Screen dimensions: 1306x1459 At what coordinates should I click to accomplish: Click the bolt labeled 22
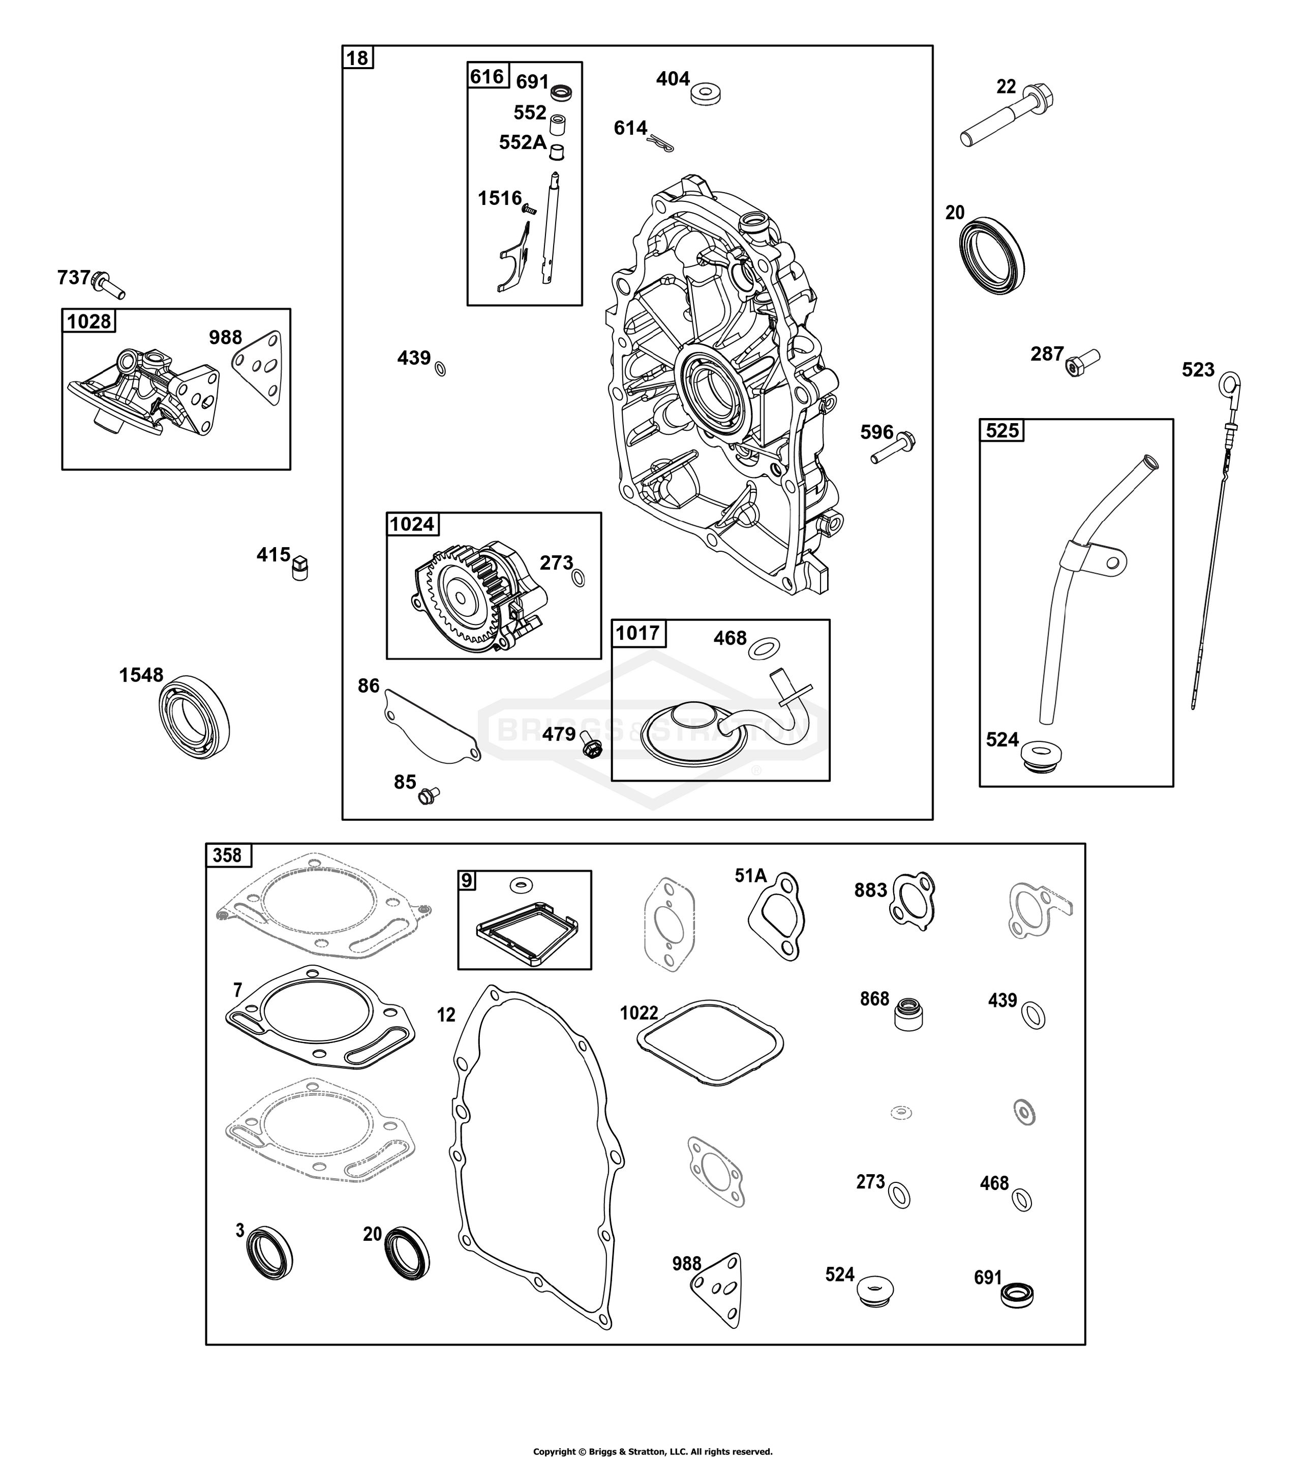[x=1008, y=116]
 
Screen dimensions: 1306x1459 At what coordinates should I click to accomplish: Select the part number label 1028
[x=89, y=321]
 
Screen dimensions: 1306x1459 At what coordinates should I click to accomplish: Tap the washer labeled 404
[x=706, y=94]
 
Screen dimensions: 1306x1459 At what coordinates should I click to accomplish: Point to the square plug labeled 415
[x=300, y=569]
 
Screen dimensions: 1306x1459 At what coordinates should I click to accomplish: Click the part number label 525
[x=1003, y=431]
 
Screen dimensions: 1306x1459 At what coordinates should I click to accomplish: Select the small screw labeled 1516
[x=529, y=209]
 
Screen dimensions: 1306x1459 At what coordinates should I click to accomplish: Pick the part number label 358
[x=227, y=855]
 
